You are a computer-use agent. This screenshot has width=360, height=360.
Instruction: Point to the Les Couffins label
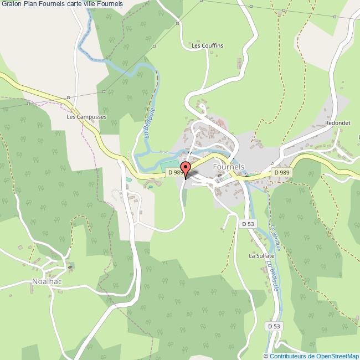click(x=207, y=45)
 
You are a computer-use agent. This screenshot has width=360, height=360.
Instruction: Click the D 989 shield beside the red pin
click(x=174, y=173)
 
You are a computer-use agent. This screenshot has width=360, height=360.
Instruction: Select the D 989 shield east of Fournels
click(x=281, y=173)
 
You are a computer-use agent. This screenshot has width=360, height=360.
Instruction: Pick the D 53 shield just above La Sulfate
click(x=248, y=224)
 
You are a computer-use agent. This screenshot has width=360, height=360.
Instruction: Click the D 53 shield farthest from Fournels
click(x=274, y=326)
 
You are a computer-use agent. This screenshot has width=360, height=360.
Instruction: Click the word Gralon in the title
click(x=11, y=4)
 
